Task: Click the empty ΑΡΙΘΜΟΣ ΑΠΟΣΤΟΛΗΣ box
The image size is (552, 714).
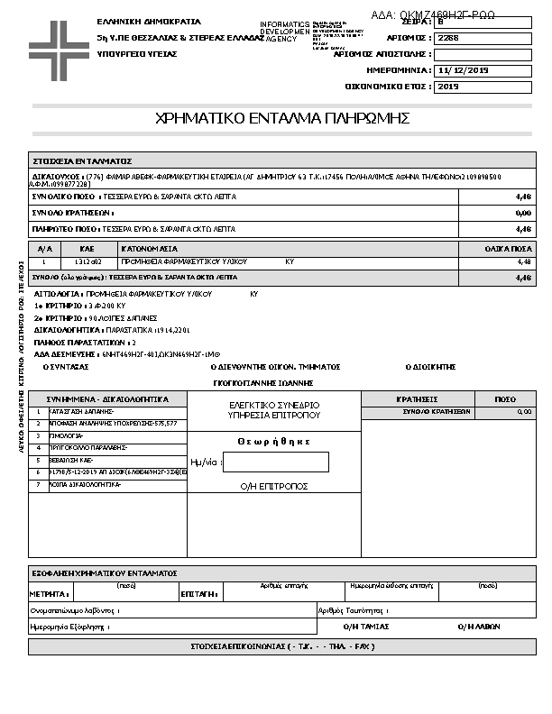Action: [x=483, y=54]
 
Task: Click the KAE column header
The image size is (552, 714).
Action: [x=87, y=248]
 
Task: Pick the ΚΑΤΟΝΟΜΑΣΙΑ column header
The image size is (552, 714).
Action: [x=150, y=248]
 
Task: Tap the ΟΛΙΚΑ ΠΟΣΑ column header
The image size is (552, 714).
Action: [x=508, y=248]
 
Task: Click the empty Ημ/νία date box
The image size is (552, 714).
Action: [x=275, y=462]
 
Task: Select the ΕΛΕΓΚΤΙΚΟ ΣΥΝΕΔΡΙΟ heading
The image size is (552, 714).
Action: [x=274, y=405]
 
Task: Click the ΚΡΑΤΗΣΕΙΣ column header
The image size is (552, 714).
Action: [x=417, y=398]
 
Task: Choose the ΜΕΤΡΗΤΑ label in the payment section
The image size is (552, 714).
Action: [x=50, y=595]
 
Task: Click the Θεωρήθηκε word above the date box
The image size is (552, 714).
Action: [x=274, y=442]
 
